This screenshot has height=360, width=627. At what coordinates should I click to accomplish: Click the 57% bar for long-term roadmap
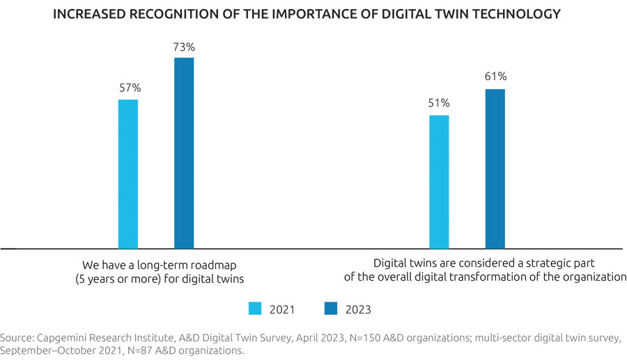click(128, 174)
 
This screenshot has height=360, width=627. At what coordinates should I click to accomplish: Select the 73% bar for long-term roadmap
click(184, 153)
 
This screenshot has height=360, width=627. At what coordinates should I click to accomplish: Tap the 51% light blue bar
click(439, 182)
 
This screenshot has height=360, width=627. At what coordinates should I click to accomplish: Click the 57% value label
click(130, 88)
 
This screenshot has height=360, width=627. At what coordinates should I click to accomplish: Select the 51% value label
click(440, 104)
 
